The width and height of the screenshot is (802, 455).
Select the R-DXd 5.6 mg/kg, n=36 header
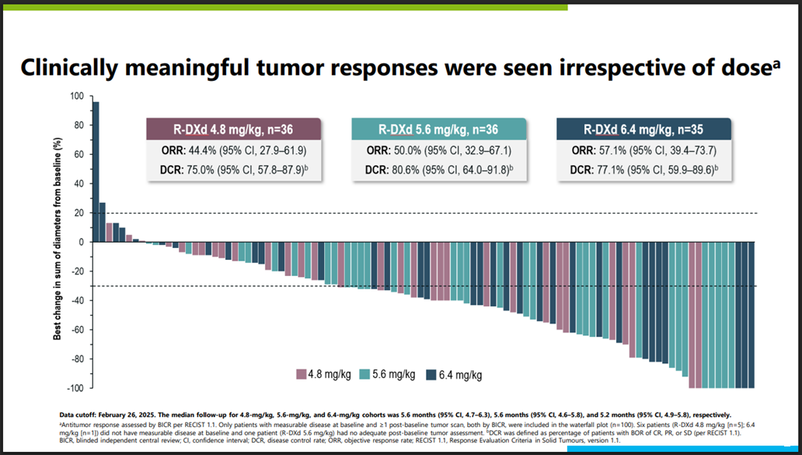pos(439,128)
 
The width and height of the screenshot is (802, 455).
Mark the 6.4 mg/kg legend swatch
pos(432,375)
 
